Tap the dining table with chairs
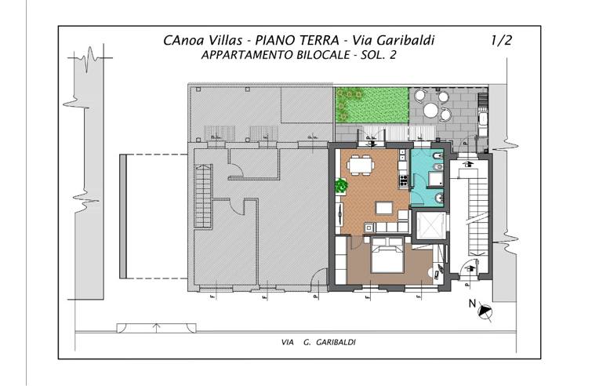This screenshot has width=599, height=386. [361, 166]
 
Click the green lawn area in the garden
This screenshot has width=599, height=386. [372, 105]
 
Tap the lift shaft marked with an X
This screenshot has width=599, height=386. [430, 226]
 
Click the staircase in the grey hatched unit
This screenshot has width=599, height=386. [202, 185]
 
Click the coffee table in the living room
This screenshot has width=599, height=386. [384, 208]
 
